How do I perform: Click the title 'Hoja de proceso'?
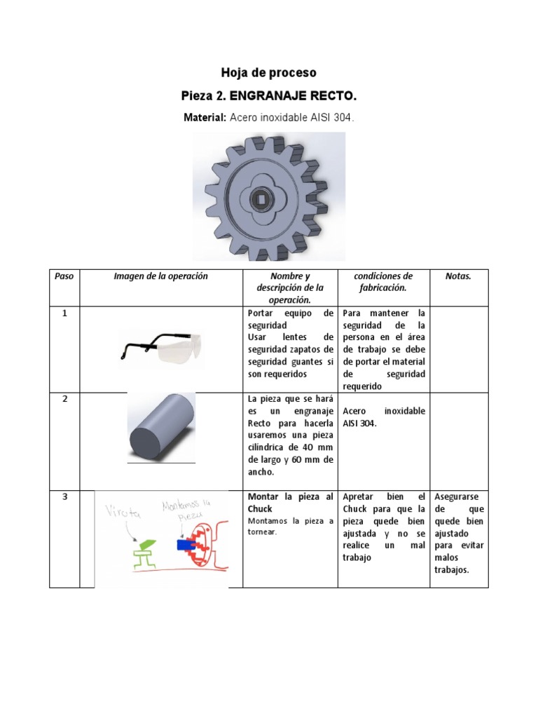268,73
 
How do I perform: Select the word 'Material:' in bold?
204,118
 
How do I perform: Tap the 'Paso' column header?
64,276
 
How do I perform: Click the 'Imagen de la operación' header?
160,276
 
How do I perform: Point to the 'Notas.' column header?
458,276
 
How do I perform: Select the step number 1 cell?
64,313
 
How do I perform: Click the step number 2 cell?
64,399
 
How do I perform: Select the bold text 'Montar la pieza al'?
291,496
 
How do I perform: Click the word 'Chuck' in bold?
260,508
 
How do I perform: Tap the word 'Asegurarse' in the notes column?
458,496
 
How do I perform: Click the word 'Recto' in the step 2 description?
260,424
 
